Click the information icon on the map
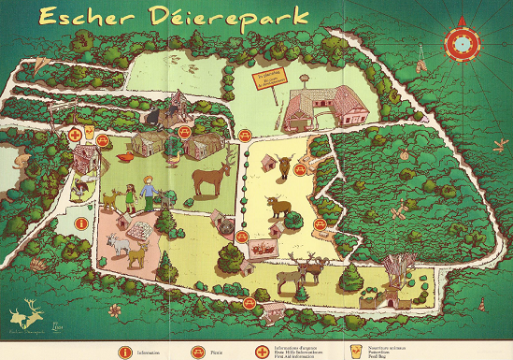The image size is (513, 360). pyautogui.click(x=82, y=223)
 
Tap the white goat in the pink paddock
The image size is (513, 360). pyautogui.click(x=118, y=245)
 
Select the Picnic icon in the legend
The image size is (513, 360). pyautogui.click(x=198, y=351)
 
